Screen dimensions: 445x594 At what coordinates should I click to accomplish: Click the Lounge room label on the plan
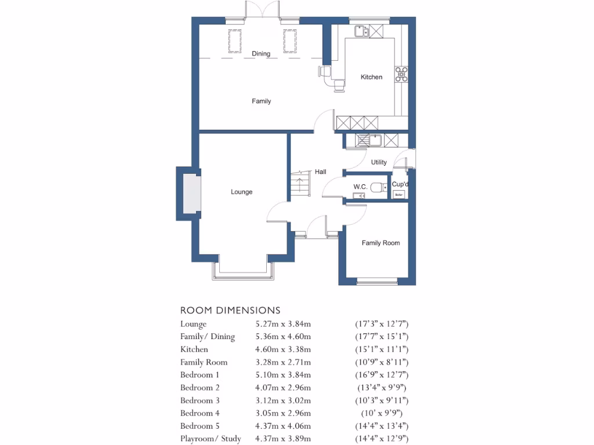241,192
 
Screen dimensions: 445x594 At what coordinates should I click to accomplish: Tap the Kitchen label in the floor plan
371,77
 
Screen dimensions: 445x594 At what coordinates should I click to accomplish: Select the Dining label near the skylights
261,54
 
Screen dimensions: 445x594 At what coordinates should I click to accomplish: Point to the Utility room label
379,162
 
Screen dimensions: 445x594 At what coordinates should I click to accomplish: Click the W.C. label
360,187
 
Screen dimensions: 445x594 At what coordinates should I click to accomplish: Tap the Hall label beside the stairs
320,172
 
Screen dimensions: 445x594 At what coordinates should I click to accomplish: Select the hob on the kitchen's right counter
401,74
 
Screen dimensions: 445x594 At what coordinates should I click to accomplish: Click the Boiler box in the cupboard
399,195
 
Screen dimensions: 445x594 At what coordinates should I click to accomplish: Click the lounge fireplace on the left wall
189,194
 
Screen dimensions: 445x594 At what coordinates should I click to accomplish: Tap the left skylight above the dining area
236,41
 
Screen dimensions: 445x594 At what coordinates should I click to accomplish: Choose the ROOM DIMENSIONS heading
230,311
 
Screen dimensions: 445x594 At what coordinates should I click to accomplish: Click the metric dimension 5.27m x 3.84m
283,324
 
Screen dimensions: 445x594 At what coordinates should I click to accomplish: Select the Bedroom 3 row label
200,400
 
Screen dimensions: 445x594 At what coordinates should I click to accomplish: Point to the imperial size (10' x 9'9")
382,413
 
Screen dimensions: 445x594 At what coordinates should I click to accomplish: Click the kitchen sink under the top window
362,31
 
